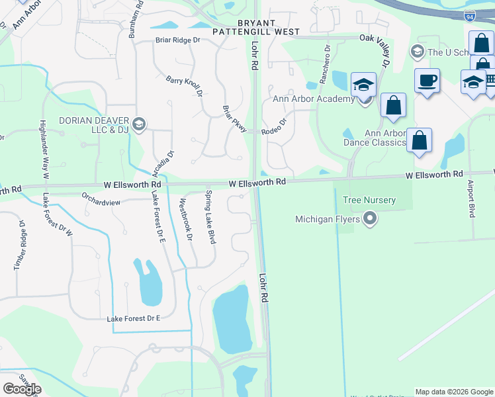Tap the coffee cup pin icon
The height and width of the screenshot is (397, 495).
pyautogui.click(x=427, y=81)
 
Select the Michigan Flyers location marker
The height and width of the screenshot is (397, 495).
pyautogui.click(x=370, y=219)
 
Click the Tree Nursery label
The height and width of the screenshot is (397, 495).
pyautogui.click(x=369, y=200)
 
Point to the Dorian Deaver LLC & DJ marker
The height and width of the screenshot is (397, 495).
pyautogui.click(x=139, y=124)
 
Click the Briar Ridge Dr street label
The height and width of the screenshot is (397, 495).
pyautogui.click(x=177, y=40)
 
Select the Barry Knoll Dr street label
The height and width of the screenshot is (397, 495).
pyautogui.click(x=185, y=86)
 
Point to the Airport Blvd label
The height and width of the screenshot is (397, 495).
pyautogui.click(x=471, y=198)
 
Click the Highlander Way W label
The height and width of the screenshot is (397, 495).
pyautogui.click(x=43, y=150)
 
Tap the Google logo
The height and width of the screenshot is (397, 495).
pyautogui.click(x=22, y=388)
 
